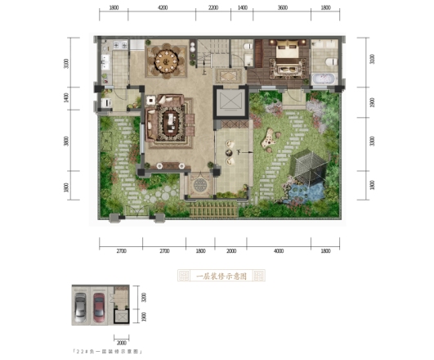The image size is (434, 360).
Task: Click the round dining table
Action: pyautogui.click(x=166, y=60)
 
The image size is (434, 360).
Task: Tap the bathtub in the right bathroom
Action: pyautogui.click(x=324, y=79)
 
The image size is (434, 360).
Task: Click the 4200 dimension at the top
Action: pyautogui.click(x=163, y=7)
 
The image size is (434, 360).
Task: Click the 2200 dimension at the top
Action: pyautogui.click(x=213, y=7)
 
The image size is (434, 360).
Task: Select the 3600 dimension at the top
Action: pyautogui.click(x=282, y=7)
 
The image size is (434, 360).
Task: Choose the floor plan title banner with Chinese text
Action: pyautogui.click(x=219, y=277)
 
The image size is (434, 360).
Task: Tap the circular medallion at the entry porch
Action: pyautogui.click(x=199, y=185)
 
